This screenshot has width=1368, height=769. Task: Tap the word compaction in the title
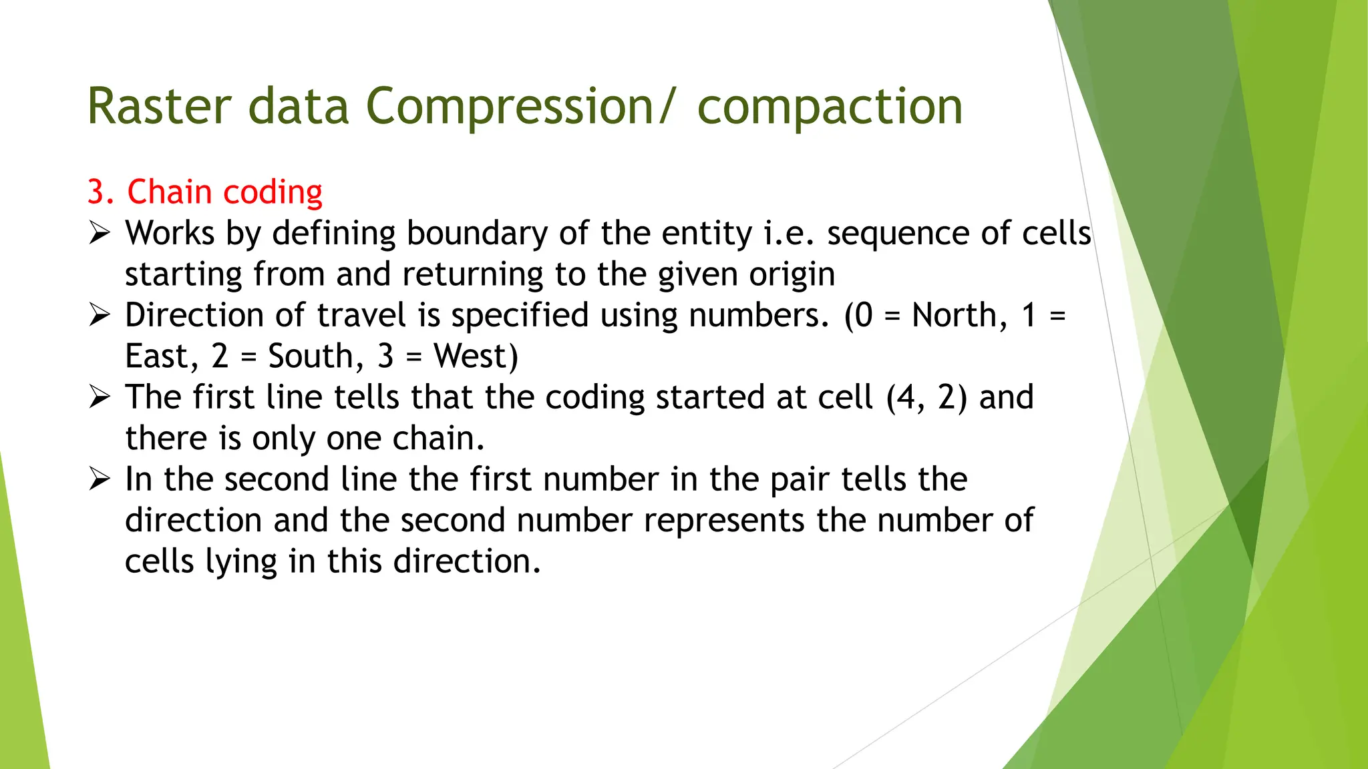point(830,107)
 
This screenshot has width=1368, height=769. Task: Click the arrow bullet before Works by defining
point(100,233)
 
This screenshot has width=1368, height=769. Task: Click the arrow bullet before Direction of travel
point(100,315)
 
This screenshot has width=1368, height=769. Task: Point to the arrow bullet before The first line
point(100,397)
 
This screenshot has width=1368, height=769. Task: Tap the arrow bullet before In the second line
point(100,479)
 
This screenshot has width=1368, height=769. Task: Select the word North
point(959,315)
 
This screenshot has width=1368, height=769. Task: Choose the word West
point(475,356)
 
